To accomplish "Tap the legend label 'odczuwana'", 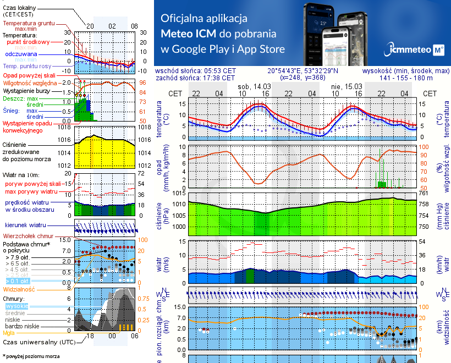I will click(x=21, y=54).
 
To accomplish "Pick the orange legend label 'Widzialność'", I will click(x=19, y=288).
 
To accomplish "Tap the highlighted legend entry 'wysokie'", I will click(x=16, y=306).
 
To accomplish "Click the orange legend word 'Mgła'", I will click(x=9, y=333).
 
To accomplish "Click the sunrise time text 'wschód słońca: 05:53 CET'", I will click(x=195, y=71).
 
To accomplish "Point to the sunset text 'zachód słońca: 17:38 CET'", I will click(x=195, y=78).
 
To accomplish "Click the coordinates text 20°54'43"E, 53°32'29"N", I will click(x=303, y=71).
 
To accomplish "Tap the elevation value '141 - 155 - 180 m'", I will click(x=406, y=78).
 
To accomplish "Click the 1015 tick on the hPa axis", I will click(x=179, y=194).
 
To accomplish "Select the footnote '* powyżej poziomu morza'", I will click(x=31, y=356).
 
